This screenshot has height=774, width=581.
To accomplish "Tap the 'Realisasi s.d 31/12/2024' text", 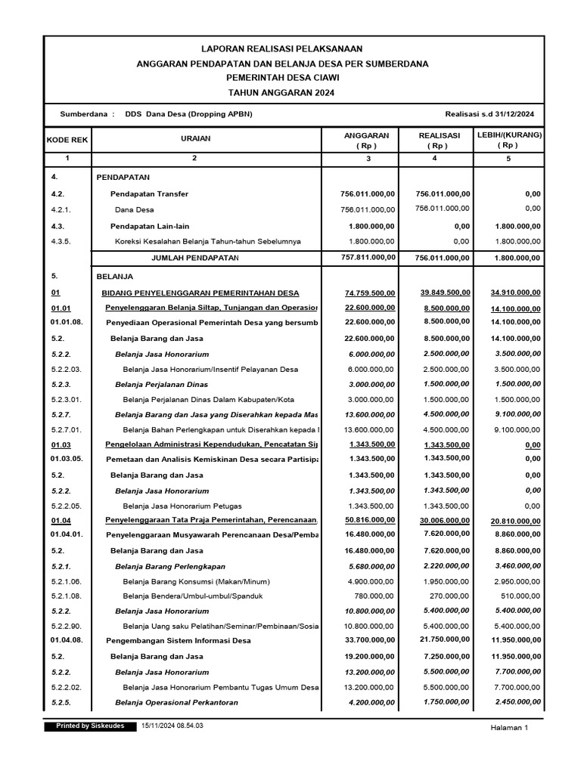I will [x=490, y=113].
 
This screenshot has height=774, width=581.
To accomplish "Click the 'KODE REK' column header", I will [x=67, y=140].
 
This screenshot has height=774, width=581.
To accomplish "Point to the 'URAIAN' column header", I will [x=195, y=139].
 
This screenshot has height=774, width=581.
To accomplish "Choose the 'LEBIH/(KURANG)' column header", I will [x=508, y=135].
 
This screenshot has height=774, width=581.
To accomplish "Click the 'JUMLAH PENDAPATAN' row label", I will [x=195, y=258].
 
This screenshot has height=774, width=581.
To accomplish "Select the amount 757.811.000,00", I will [x=368, y=258].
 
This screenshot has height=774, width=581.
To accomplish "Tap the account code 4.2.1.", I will [x=63, y=209].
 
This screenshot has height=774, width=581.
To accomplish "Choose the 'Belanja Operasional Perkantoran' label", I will [x=176, y=702].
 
